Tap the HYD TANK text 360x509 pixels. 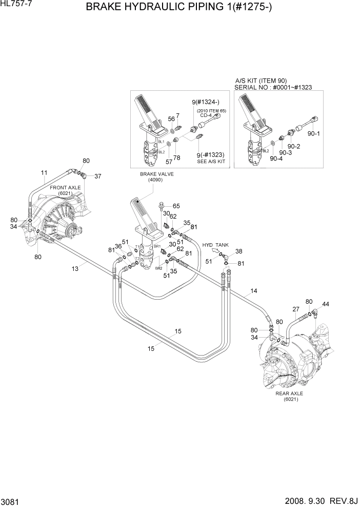pyautogui.click(x=215, y=245)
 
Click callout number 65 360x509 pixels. pyautogui.click(x=176, y=206)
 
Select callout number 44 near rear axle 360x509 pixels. pyautogui.click(x=326, y=304)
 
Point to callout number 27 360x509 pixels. pyautogui.click(x=296, y=309)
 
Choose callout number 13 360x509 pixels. pyautogui.click(x=75, y=268)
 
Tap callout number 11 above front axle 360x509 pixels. pyautogui.click(x=44, y=172)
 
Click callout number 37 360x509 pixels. pyautogui.click(x=97, y=176)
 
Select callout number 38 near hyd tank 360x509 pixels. pyautogui.click(x=238, y=251)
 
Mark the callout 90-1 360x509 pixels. pyautogui.click(x=313, y=134)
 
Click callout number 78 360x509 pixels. pyautogui.click(x=176, y=158)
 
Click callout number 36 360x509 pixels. pyautogui.click(x=118, y=246)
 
